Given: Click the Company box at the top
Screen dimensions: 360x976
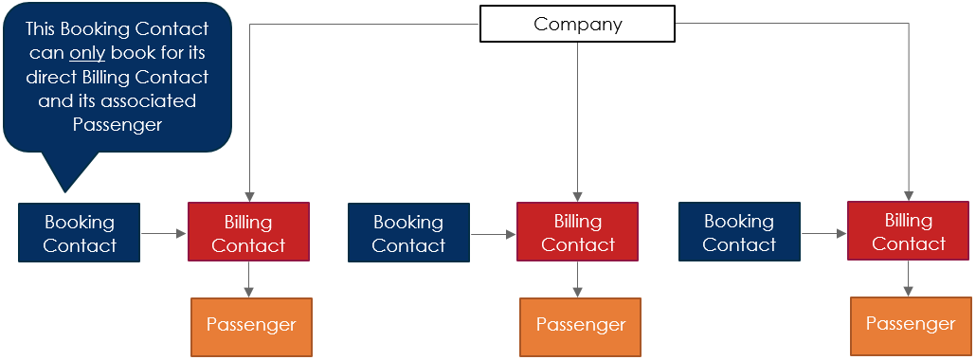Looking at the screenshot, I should [x=577, y=25].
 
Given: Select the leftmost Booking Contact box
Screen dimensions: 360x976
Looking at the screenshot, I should [x=80, y=233].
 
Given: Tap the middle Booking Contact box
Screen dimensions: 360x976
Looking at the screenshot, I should [x=408, y=233].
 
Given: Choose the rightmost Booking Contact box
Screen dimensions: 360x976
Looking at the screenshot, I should [x=739, y=232].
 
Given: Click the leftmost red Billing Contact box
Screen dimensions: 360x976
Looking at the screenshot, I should [x=248, y=233].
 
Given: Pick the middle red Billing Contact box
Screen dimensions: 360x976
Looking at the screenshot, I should [x=577, y=232].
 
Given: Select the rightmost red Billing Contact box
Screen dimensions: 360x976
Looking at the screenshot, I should [x=908, y=232].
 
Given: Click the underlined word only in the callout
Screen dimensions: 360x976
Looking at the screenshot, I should [x=87, y=53].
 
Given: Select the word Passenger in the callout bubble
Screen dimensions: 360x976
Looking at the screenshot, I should [x=117, y=125].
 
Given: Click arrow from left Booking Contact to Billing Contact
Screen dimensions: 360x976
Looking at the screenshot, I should [x=165, y=233].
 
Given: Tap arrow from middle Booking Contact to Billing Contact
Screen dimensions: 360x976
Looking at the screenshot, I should [x=493, y=233].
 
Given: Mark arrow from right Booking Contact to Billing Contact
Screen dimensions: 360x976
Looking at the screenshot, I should [x=823, y=232].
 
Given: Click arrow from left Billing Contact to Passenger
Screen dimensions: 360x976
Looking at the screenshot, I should [x=248, y=280].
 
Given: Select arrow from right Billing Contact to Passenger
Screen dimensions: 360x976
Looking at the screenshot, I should [x=909, y=279].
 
